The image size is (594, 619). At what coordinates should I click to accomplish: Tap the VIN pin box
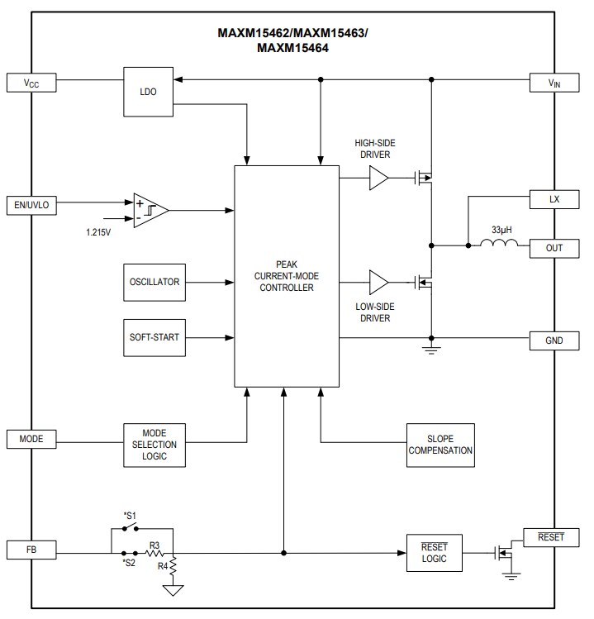tap(554, 82)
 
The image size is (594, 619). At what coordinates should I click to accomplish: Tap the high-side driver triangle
tap(378, 177)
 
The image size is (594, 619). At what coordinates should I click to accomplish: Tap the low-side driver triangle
tap(378, 282)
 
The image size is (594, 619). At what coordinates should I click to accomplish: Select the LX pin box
tap(554, 200)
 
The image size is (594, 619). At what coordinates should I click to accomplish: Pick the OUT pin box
tap(554, 247)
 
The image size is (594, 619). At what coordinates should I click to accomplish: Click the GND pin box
tap(554, 339)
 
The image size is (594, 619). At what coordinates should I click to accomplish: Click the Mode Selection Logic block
tap(154, 445)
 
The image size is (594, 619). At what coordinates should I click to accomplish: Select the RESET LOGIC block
tap(434, 552)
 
